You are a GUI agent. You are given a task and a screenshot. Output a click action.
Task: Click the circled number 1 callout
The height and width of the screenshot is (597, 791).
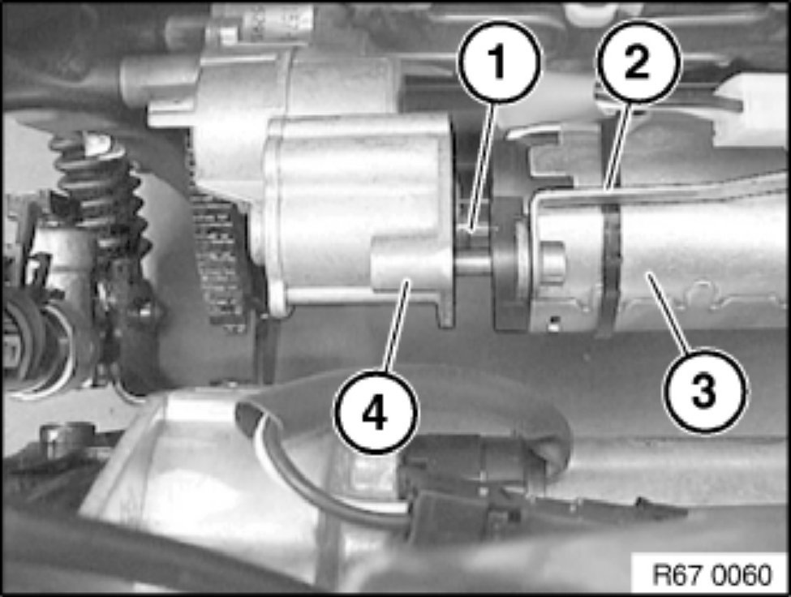499,62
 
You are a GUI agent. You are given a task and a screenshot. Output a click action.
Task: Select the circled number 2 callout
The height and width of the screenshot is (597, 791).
638,62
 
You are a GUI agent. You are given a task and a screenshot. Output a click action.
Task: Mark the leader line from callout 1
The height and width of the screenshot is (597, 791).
483,167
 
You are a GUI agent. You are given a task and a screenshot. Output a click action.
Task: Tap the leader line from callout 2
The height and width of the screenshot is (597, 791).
620,146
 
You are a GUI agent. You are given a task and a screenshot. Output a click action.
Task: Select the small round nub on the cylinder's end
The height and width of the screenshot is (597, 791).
552,262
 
